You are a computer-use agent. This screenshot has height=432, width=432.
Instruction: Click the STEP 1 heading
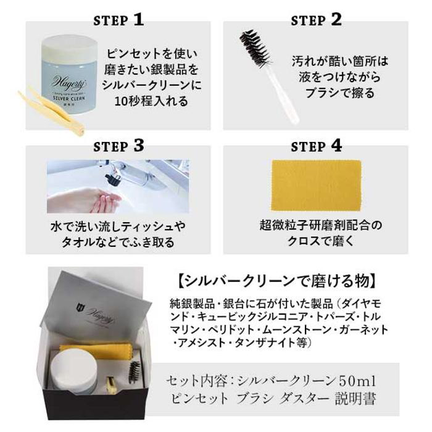pos(118,20)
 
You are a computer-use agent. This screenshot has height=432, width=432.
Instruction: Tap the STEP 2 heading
pos(316,20)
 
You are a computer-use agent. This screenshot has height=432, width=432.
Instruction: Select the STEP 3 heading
pos(118,146)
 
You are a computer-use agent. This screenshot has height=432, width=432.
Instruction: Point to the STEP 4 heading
pos(316,146)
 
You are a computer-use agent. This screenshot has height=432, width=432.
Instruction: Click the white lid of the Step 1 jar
pos(69,49)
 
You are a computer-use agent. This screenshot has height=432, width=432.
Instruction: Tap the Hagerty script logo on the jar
pos(69,82)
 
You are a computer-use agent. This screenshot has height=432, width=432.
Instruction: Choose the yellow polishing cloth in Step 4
pos(316,185)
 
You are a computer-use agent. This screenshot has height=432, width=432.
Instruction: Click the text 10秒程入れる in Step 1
pos(151,101)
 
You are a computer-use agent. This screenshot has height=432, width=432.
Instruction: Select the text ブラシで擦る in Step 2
pos(339,93)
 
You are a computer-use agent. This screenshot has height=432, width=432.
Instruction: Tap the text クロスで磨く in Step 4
pos(321,241)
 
